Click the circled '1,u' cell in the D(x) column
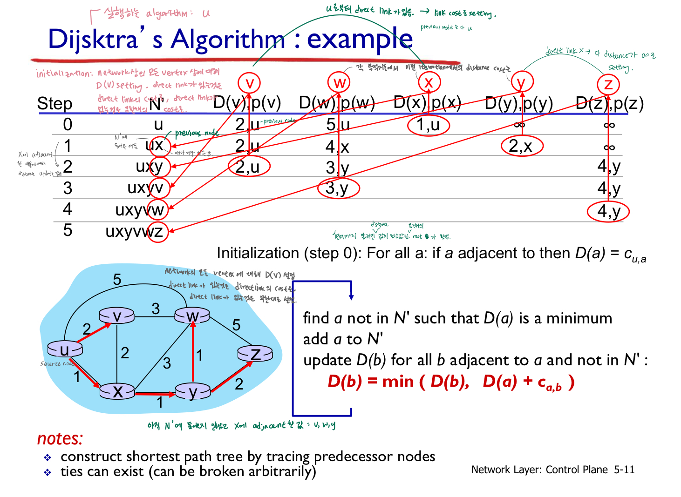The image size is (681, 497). click(428, 125)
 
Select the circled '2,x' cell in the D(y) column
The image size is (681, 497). click(521, 146)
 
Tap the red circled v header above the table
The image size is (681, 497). click(250, 83)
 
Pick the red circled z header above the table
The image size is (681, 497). click(608, 84)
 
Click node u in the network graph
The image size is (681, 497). click(64, 349)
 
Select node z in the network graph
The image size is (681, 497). click(255, 354)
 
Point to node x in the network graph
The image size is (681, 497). click(117, 391)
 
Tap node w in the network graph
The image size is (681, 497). click(192, 316)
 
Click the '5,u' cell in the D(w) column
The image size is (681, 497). click(338, 125)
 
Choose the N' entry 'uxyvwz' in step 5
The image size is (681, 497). click(134, 231)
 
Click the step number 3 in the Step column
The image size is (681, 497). click(68, 188)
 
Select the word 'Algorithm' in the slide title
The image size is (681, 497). click(228, 39)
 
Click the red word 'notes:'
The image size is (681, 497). click(60, 438)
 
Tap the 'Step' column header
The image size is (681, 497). click(54, 103)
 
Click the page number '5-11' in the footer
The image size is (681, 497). click(624, 470)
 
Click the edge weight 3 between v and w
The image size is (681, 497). click(156, 309)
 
